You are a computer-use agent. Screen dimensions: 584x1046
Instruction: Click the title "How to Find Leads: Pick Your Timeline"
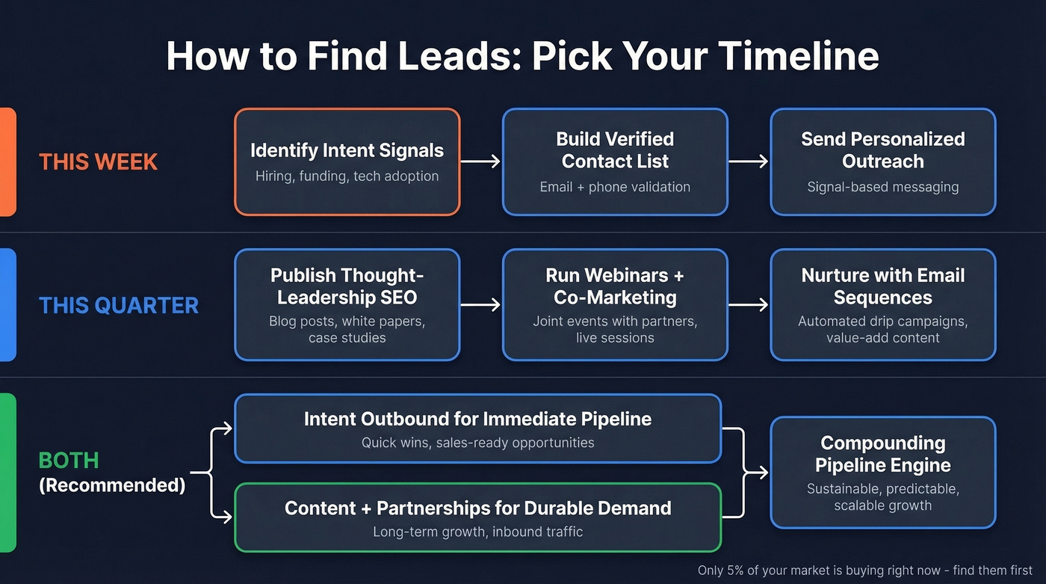click(x=522, y=55)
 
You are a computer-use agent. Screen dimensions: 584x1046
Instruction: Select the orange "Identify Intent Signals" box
click(x=347, y=162)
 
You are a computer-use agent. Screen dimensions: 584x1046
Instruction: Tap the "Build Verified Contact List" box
click(x=615, y=162)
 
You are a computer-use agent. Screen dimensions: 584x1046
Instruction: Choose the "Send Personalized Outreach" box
click(x=882, y=162)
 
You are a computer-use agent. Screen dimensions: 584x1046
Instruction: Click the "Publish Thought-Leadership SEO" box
click(x=347, y=304)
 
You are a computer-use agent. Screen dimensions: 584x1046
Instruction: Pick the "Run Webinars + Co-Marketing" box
click(x=615, y=304)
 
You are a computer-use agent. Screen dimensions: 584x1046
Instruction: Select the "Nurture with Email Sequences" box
click(x=882, y=304)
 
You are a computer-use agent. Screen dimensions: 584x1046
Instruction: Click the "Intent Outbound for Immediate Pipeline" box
click(x=477, y=428)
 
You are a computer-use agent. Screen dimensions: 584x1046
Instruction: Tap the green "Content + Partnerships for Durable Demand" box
click(x=477, y=517)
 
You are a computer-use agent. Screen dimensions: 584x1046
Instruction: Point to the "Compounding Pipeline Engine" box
click(x=882, y=473)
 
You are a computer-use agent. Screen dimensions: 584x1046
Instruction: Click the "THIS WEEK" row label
click(x=98, y=162)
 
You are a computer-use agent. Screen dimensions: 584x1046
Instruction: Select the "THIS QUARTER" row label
click(x=119, y=305)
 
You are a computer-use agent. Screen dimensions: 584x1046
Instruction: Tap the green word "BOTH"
click(x=69, y=461)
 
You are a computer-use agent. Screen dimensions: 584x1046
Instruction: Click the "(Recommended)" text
click(x=112, y=485)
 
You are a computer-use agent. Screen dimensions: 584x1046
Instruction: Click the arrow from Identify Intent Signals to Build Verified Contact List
click(x=480, y=161)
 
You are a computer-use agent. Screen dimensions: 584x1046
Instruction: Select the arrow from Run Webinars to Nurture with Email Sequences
click(x=749, y=304)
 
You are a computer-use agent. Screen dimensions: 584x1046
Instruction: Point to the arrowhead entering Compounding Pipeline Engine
click(x=763, y=473)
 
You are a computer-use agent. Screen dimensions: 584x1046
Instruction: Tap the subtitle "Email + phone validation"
click(x=615, y=187)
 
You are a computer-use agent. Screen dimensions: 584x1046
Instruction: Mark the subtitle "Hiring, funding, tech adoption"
click(x=347, y=176)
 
